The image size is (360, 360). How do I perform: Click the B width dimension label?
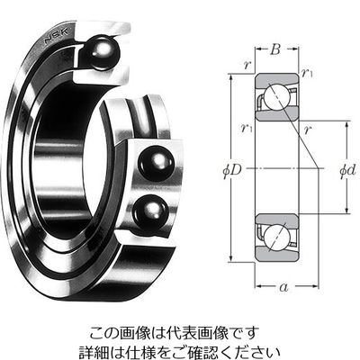[x=275, y=49]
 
